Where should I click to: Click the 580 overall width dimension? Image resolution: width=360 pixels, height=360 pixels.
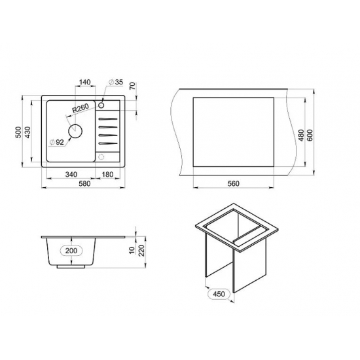pyautogui.click(x=84, y=184)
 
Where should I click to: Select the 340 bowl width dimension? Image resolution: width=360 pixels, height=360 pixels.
pyautogui.click(x=71, y=175)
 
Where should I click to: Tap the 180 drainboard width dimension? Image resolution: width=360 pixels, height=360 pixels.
pyautogui.click(x=107, y=175)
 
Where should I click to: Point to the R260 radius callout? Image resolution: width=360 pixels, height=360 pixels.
pyautogui.click(x=81, y=108)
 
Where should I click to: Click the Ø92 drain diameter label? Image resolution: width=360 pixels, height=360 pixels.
pyautogui.click(x=57, y=142)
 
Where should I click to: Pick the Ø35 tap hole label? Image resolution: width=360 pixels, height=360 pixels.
pyautogui.click(x=116, y=82)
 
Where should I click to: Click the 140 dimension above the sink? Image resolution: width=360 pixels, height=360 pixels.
pyautogui.click(x=85, y=82)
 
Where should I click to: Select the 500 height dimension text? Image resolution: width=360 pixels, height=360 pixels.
pyautogui.click(x=18, y=132)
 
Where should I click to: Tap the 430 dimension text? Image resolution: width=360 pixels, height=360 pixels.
pyautogui.click(x=27, y=132)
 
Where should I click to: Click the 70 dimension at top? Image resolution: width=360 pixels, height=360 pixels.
pyautogui.click(x=133, y=86)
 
